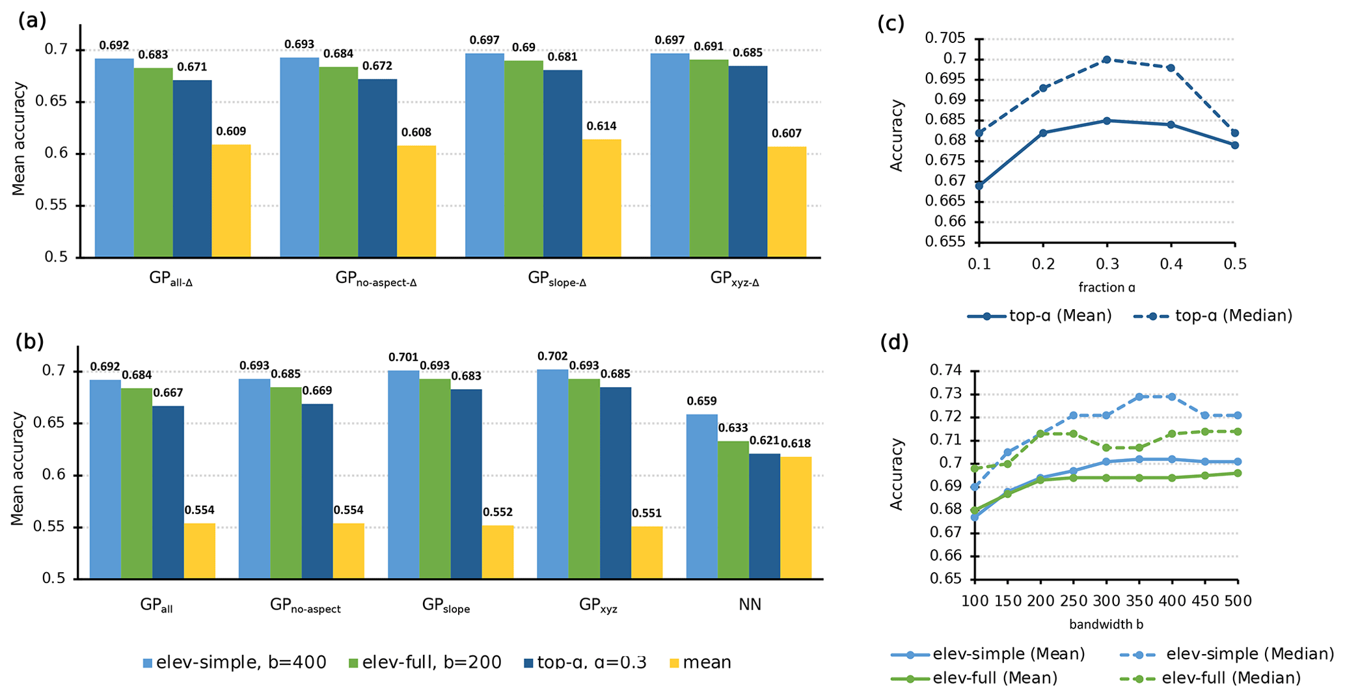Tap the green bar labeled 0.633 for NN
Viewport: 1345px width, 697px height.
[x=733, y=510]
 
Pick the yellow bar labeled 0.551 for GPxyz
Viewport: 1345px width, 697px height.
[x=647, y=553]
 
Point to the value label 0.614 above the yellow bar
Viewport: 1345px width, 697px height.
[x=601, y=126]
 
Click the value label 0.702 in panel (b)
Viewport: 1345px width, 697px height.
[x=552, y=357]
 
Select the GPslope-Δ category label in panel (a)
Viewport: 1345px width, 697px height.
[x=557, y=280]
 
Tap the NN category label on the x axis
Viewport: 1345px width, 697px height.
[x=750, y=605]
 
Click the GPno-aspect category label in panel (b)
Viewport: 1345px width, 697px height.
[x=305, y=607]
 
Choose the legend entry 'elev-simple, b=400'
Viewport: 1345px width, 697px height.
[x=234, y=663]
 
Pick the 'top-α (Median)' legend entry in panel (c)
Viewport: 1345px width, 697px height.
[x=1213, y=316]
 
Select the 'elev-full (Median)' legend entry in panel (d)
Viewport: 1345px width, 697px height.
[x=1210, y=678]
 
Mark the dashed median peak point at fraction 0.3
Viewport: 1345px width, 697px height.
[x=1106, y=59]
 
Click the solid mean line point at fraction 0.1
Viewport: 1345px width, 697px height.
[x=979, y=185]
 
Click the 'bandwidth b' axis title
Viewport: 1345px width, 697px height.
[x=1106, y=625]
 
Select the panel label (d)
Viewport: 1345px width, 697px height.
[x=894, y=342]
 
